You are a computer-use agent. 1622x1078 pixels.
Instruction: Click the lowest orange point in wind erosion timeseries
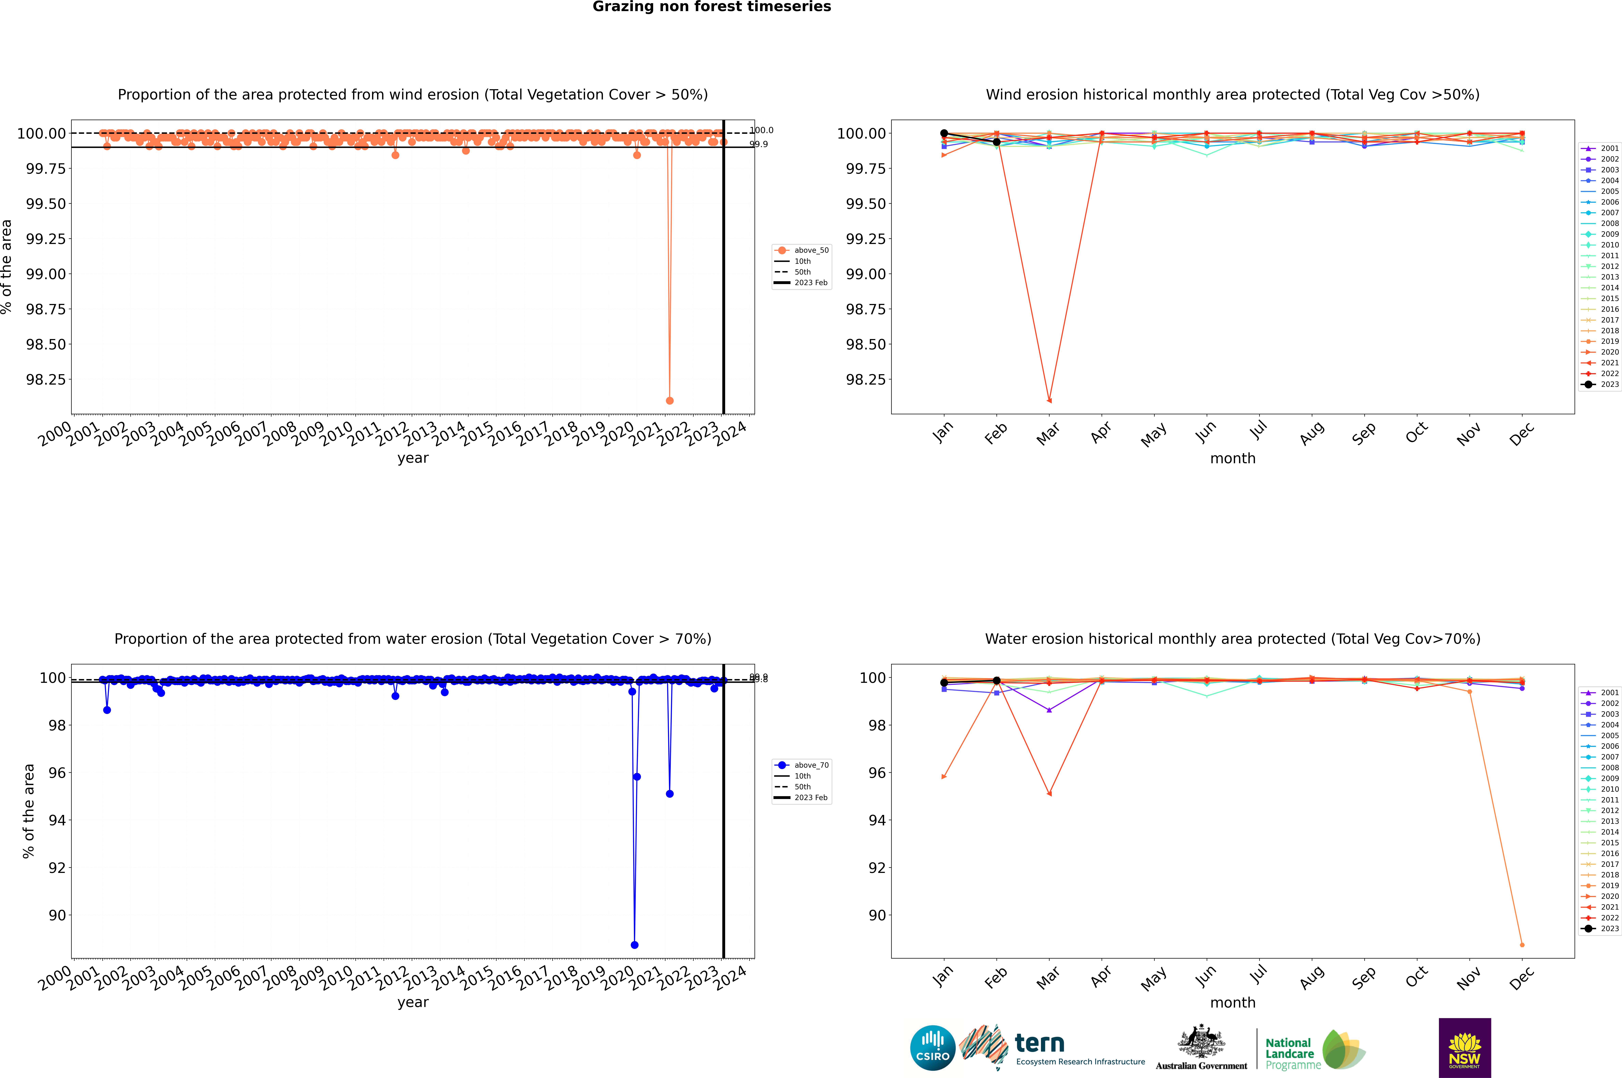(x=670, y=400)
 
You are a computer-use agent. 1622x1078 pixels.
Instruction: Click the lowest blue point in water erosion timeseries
(x=635, y=945)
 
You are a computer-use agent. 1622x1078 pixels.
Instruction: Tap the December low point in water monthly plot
(x=1522, y=945)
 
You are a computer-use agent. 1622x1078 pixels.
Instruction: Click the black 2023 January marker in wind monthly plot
(x=944, y=133)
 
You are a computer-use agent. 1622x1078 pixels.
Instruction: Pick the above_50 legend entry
(x=802, y=250)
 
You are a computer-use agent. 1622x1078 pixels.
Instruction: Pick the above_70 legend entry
(x=802, y=765)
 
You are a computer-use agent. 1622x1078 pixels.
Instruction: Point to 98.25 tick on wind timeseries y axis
(x=46, y=379)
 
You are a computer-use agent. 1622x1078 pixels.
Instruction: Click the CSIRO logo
(x=932, y=1048)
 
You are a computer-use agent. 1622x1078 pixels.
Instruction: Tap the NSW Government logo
(x=1465, y=1048)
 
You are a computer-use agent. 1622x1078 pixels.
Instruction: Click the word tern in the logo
(x=1040, y=1044)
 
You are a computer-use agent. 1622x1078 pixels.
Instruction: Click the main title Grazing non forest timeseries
(x=712, y=7)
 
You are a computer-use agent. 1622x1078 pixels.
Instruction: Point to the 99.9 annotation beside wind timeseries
(x=758, y=144)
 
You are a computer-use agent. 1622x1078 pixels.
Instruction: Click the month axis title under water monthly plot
(x=1232, y=1002)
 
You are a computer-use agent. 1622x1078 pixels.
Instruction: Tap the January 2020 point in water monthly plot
(x=944, y=777)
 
